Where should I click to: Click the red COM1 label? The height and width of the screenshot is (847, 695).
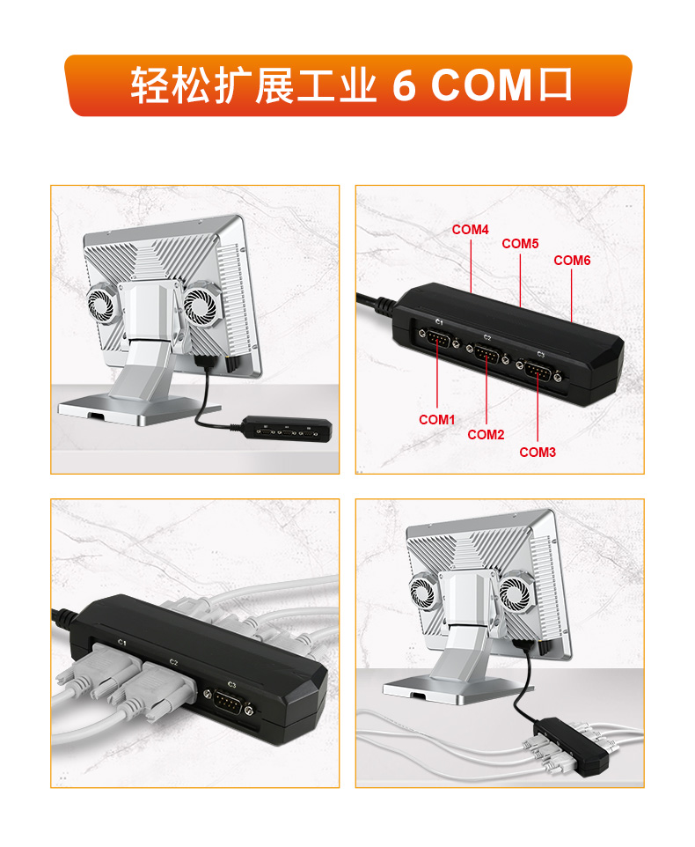(437, 419)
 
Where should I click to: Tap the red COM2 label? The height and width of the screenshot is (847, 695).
(486, 434)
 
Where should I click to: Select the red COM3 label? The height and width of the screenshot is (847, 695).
(538, 453)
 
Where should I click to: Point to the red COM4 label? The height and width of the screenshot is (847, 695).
(470, 230)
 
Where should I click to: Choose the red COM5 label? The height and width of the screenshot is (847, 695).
(520, 244)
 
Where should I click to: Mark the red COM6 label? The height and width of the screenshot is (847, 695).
(572, 261)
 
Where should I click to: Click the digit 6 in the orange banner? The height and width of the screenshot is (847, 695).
(404, 85)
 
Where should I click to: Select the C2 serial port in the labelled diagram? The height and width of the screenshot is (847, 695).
(487, 355)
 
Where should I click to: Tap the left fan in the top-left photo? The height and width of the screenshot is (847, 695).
(101, 306)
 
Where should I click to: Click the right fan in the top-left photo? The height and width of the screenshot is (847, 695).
(201, 306)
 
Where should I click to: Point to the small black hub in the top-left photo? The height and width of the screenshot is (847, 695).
(287, 429)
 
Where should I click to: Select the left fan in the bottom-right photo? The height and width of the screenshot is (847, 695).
(423, 592)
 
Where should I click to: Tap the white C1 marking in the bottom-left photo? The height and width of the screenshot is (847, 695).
(122, 642)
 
